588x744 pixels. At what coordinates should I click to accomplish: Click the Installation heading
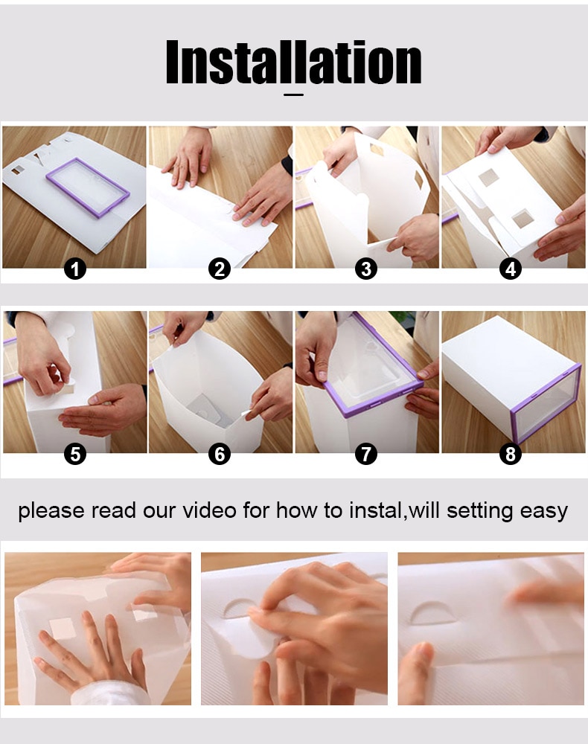pyautogui.click(x=293, y=62)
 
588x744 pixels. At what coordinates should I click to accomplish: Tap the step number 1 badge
pyautogui.click(x=74, y=269)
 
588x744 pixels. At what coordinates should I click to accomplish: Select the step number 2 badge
pyautogui.click(x=220, y=269)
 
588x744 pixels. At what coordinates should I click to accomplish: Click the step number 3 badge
pyautogui.click(x=365, y=269)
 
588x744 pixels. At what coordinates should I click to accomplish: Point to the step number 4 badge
pyautogui.click(x=511, y=269)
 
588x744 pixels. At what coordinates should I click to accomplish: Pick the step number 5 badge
pyautogui.click(x=74, y=453)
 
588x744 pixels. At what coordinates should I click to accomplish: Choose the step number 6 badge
pyautogui.click(x=220, y=453)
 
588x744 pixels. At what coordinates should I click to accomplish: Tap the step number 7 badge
pyautogui.click(x=365, y=453)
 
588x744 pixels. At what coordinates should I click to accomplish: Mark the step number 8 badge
pyautogui.click(x=511, y=453)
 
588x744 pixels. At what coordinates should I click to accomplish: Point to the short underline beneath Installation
pyautogui.click(x=294, y=94)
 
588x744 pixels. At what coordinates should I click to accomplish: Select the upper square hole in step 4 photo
pyautogui.click(x=489, y=177)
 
